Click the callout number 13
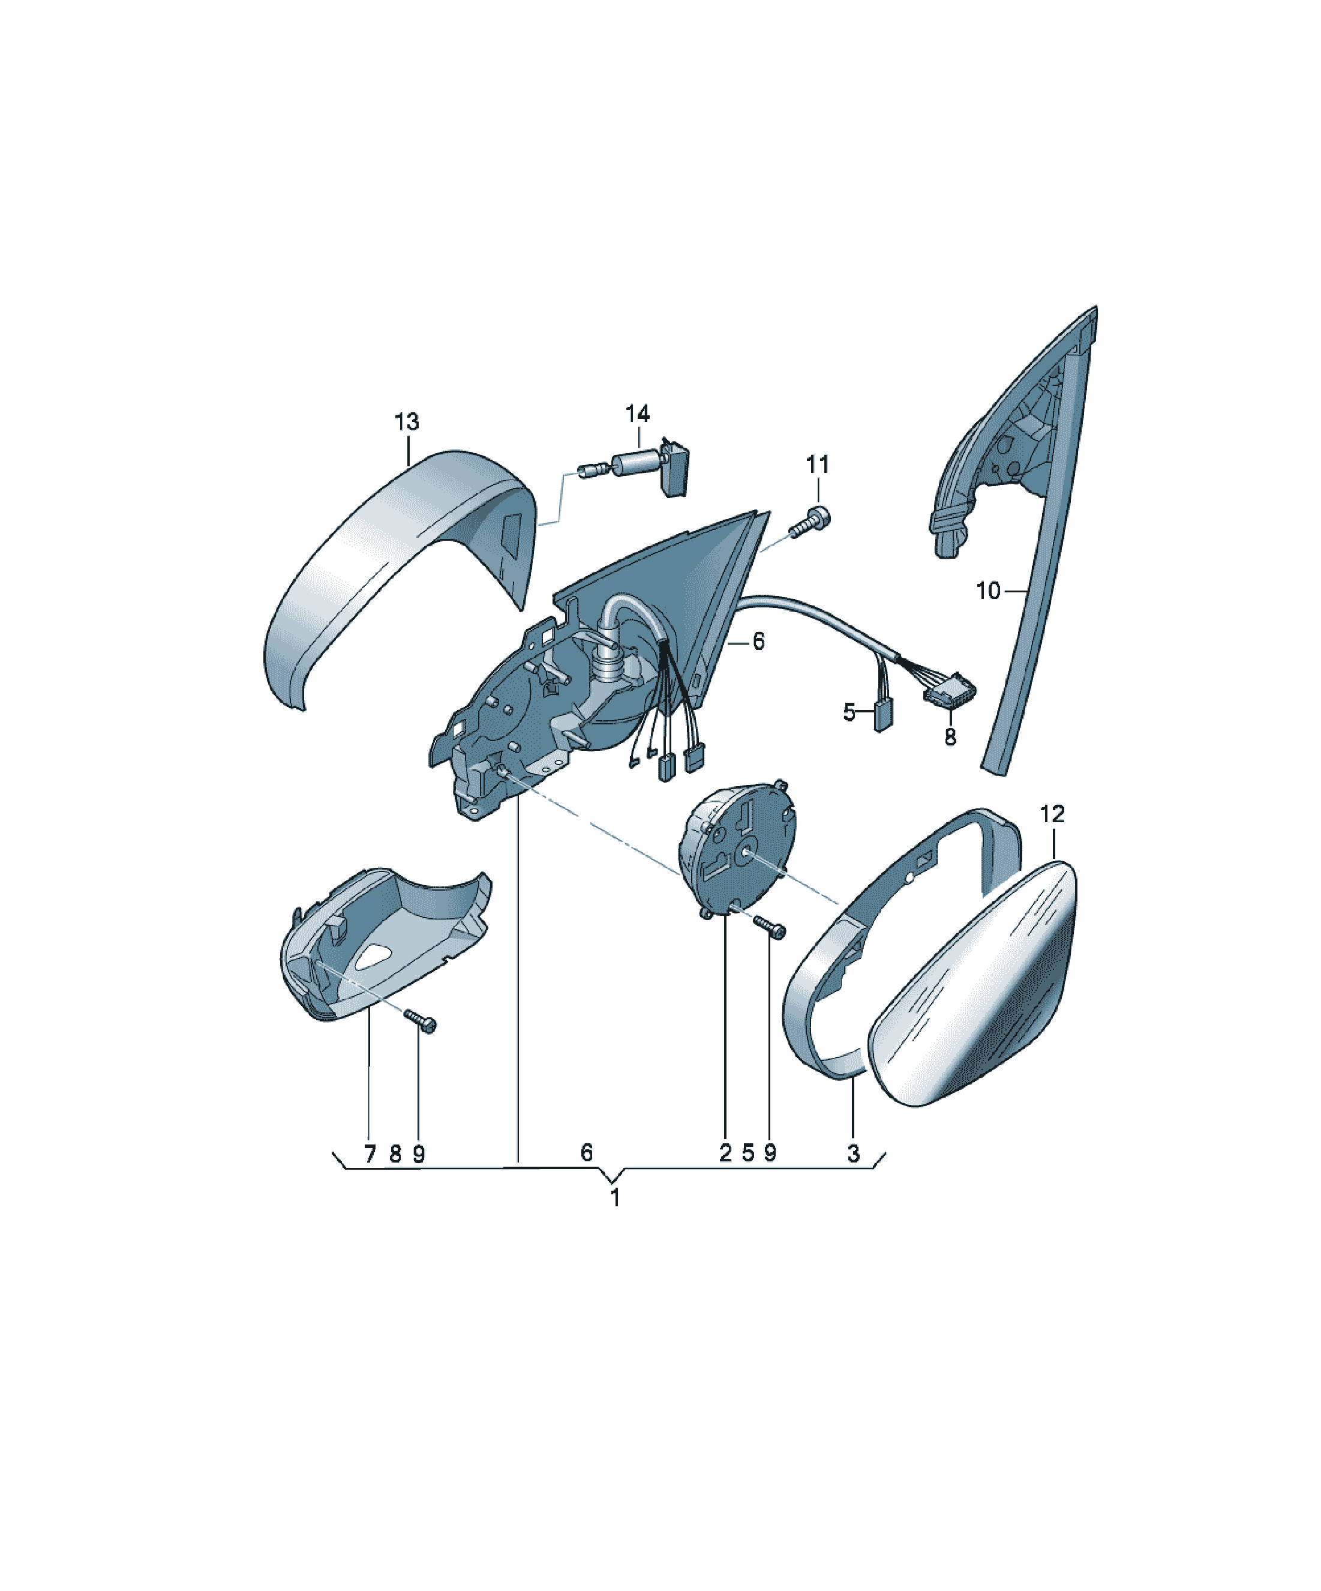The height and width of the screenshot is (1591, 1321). pos(407,421)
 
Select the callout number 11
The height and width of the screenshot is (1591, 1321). pos(817,464)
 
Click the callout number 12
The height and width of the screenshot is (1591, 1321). pos(1052,814)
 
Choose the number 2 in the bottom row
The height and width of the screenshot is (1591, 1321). pos(725,1153)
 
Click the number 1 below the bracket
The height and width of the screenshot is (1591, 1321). pos(615,1198)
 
